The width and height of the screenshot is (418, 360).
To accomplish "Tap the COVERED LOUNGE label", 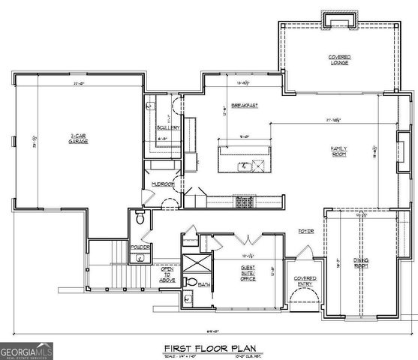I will click(x=340, y=59).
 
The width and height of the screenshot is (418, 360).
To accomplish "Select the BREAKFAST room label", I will click(x=245, y=106).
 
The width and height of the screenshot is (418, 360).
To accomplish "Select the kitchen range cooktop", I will click(x=245, y=200).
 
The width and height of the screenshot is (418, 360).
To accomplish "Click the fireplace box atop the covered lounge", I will click(x=331, y=19).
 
